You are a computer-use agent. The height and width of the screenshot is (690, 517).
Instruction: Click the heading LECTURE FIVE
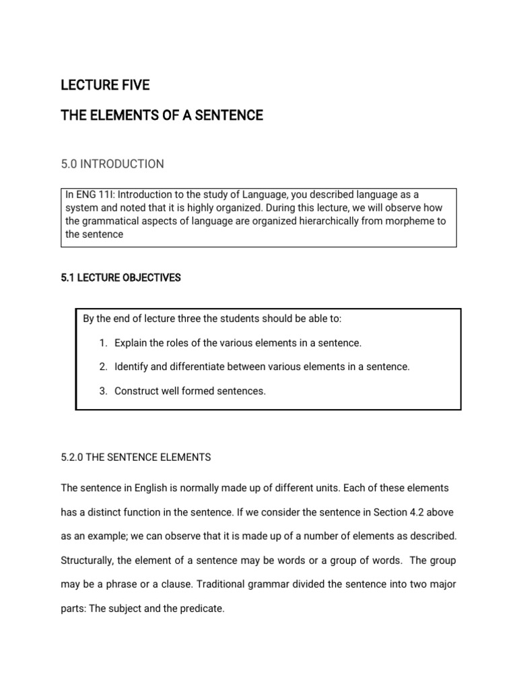(105, 86)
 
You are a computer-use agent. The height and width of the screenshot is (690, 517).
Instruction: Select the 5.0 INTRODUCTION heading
(112, 164)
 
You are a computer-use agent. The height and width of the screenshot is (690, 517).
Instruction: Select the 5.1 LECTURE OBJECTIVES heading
(120, 278)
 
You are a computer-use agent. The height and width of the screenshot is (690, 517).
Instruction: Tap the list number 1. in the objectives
(103, 343)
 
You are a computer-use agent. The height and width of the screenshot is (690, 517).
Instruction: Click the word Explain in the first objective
(130, 343)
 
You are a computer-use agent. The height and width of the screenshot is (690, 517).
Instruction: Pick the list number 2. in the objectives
(103, 367)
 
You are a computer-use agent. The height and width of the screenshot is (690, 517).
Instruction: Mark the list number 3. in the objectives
(103, 391)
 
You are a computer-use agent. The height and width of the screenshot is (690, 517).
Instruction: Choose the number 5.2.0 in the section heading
(73, 457)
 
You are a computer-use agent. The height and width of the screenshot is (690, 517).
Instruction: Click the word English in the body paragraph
(166, 487)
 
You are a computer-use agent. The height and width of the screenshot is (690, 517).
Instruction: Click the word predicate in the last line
(201, 609)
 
